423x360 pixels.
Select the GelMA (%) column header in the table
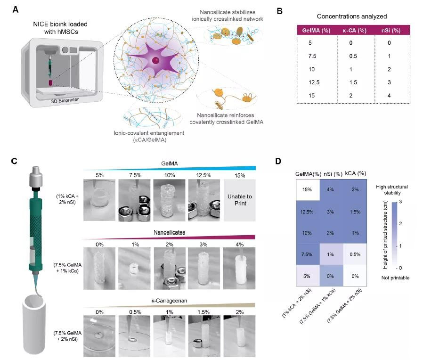(316, 32)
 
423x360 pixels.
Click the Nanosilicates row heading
(168, 232)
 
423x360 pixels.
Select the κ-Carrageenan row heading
(168, 299)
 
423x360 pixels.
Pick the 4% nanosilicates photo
(238, 267)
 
